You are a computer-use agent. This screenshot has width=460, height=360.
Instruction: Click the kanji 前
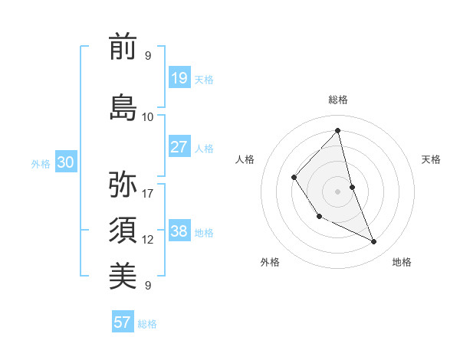tap(123, 47)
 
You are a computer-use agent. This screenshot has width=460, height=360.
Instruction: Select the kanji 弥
tap(123, 185)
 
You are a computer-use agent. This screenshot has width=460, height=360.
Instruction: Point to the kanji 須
tap(123, 231)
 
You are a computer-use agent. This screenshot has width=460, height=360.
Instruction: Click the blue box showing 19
tap(179, 78)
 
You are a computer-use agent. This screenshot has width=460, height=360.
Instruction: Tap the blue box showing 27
tap(179, 147)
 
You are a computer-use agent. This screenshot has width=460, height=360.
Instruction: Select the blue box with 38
tap(179, 231)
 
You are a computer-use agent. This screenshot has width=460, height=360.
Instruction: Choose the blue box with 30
tap(65, 162)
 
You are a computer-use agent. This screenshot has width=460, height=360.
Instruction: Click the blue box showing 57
tap(123, 322)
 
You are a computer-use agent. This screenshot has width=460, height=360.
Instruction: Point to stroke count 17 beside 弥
tap(148, 193)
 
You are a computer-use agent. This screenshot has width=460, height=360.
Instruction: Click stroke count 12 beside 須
tap(148, 239)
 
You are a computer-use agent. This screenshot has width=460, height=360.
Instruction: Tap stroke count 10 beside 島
tap(148, 116)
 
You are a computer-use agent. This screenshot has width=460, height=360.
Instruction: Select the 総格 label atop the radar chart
tap(337, 100)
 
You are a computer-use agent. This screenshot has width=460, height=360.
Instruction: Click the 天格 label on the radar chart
tap(432, 159)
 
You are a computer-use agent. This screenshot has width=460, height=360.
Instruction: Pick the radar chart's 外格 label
tap(270, 262)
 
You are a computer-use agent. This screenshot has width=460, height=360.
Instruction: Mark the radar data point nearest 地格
tap(374, 242)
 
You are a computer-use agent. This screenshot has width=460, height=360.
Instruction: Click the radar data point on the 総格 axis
tap(337, 130)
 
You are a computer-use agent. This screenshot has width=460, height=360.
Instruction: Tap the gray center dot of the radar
tap(337, 191)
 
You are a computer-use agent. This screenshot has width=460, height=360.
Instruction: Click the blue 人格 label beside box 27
tap(204, 148)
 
